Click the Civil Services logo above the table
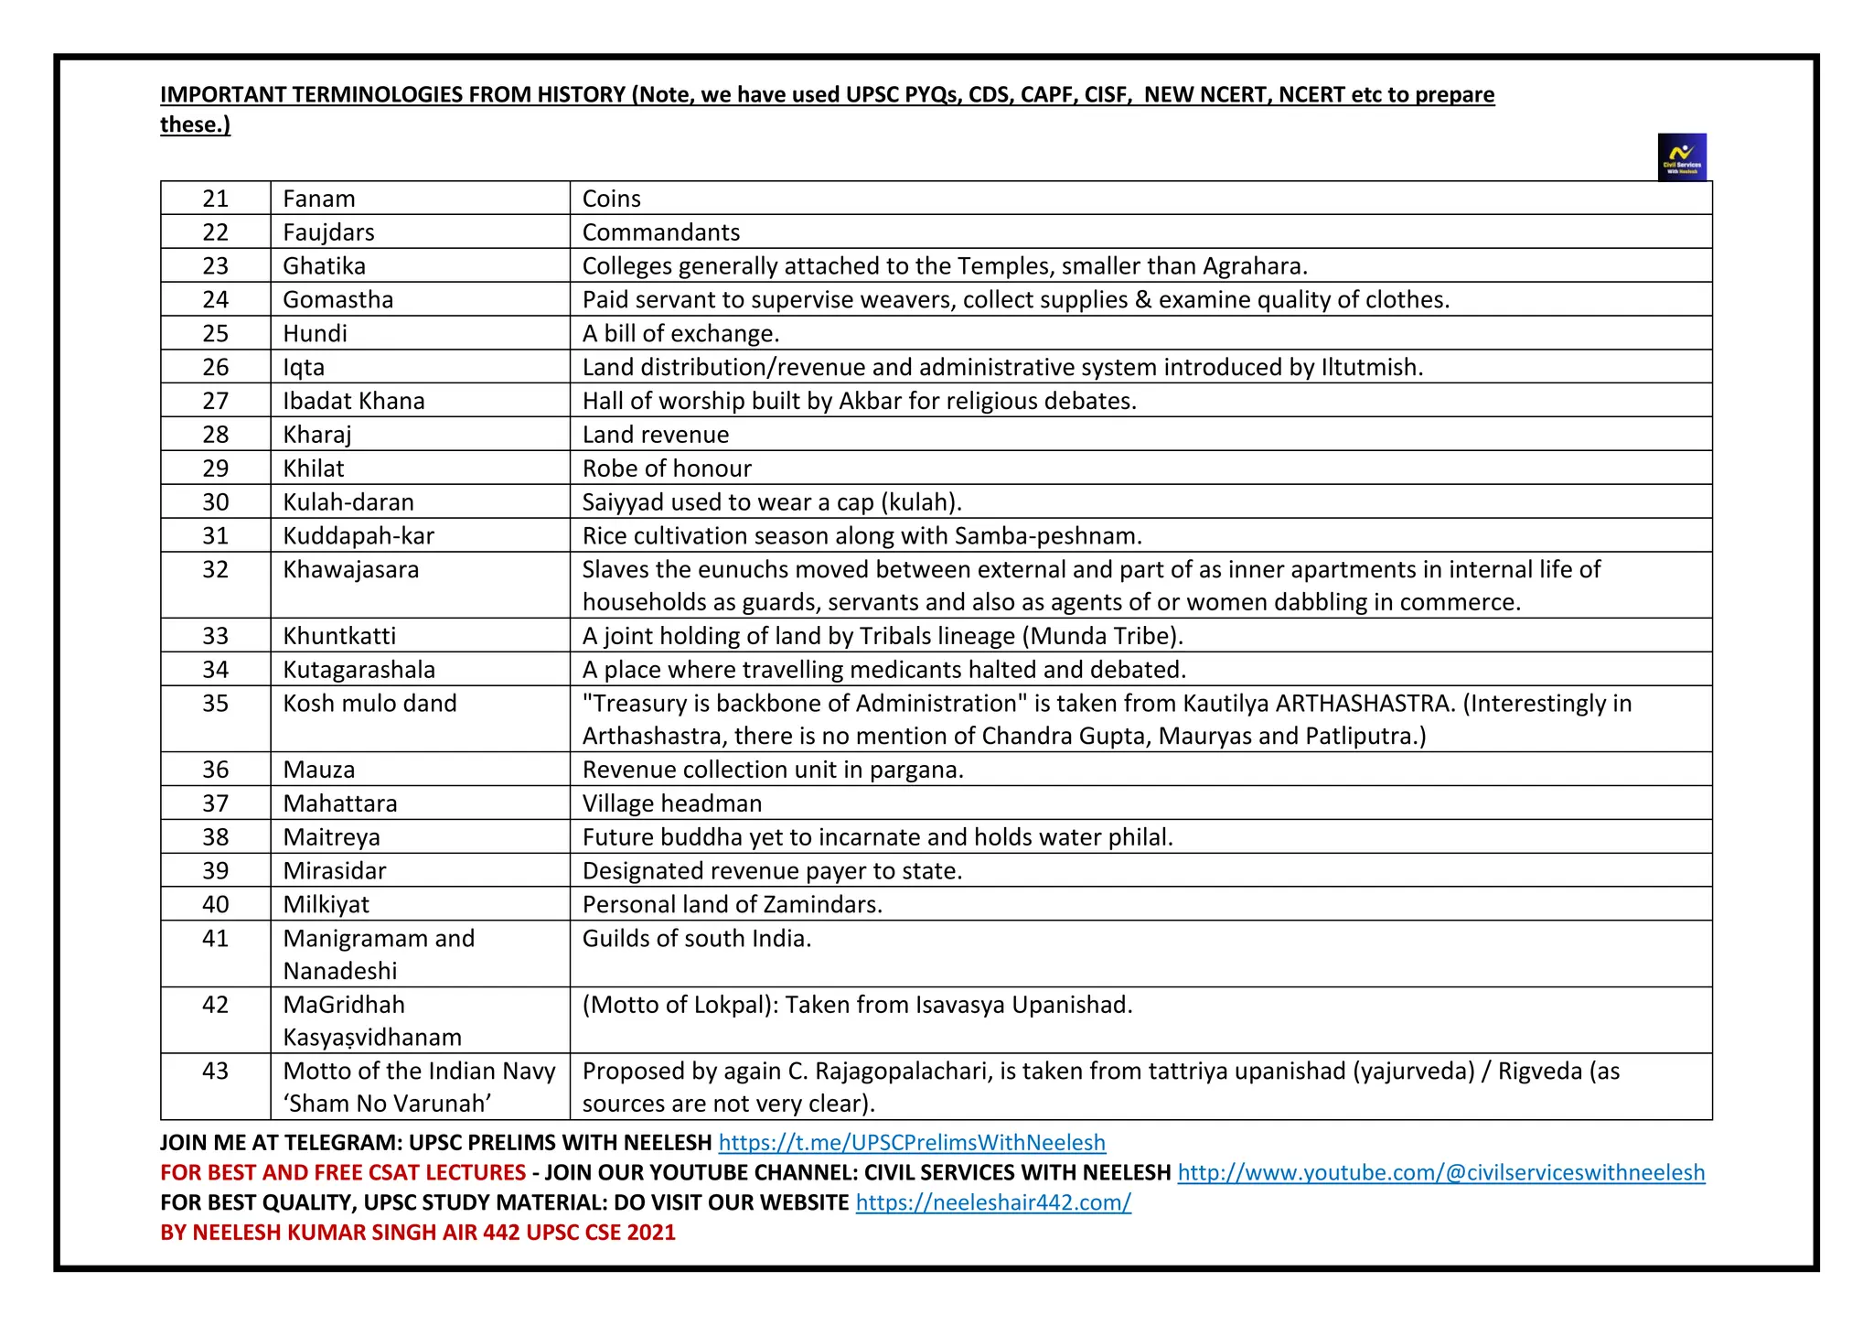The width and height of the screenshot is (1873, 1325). (x=1681, y=157)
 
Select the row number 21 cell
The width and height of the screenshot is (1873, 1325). (x=215, y=199)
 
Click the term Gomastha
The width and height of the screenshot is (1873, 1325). (x=337, y=300)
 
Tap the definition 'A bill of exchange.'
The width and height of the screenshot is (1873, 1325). (x=680, y=334)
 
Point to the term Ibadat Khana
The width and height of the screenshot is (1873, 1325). (x=353, y=401)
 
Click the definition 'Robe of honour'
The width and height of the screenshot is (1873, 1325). (x=667, y=469)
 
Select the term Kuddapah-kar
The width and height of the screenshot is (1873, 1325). (x=358, y=535)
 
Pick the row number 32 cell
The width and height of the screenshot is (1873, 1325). (x=215, y=570)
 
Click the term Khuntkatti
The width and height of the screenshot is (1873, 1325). (x=339, y=636)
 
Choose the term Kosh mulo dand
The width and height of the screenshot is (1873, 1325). (x=369, y=704)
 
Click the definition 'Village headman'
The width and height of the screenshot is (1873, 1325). (x=671, y=803)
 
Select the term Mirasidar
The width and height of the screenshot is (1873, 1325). (x=334, y=871)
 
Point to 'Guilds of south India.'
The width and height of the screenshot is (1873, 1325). (x=696, y=939)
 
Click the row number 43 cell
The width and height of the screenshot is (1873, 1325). (x=215, y=1072)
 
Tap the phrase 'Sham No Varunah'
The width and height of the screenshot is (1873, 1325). (x=387, y=1104)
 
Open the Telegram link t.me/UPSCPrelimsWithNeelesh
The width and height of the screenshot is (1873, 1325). (x=912, y=1143)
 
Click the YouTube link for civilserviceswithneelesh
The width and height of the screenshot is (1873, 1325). (x=1440, y=1173)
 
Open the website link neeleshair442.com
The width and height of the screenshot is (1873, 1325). (x=993, y=1203)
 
